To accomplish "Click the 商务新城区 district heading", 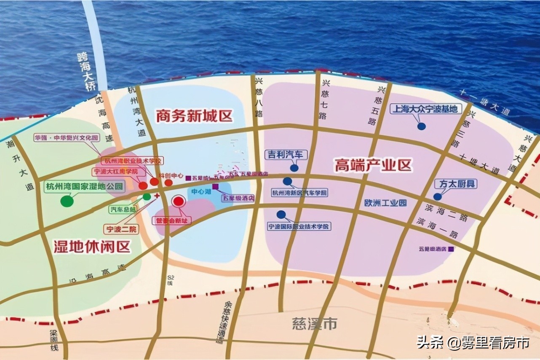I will click(194, 116).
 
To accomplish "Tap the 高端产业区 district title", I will click(373, 165).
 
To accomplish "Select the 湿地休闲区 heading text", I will click(92, 246).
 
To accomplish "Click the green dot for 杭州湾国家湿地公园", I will click(67, 201).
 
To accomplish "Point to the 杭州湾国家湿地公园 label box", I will click(85, 186).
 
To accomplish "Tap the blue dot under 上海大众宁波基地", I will click(421, 126).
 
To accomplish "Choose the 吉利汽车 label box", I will click(286, 155).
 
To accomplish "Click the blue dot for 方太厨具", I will click(438, 196).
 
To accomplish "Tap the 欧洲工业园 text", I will click(386, 203).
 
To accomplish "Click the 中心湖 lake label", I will click(201, 192).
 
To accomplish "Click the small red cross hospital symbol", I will click(158, 196).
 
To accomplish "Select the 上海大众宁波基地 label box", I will click(426, 109).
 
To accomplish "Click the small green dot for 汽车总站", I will click(147, 196).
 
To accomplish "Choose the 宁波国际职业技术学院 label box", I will click(299, 226).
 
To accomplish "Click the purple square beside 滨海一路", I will click(451, 249).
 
